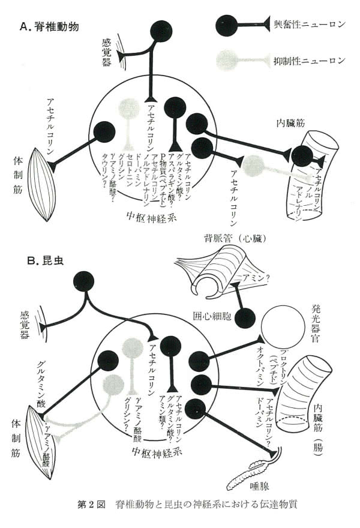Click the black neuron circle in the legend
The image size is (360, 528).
pyautogui.click(x=227, y=25)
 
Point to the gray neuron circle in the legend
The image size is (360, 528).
pyautogui.click(x=227, y=59)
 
